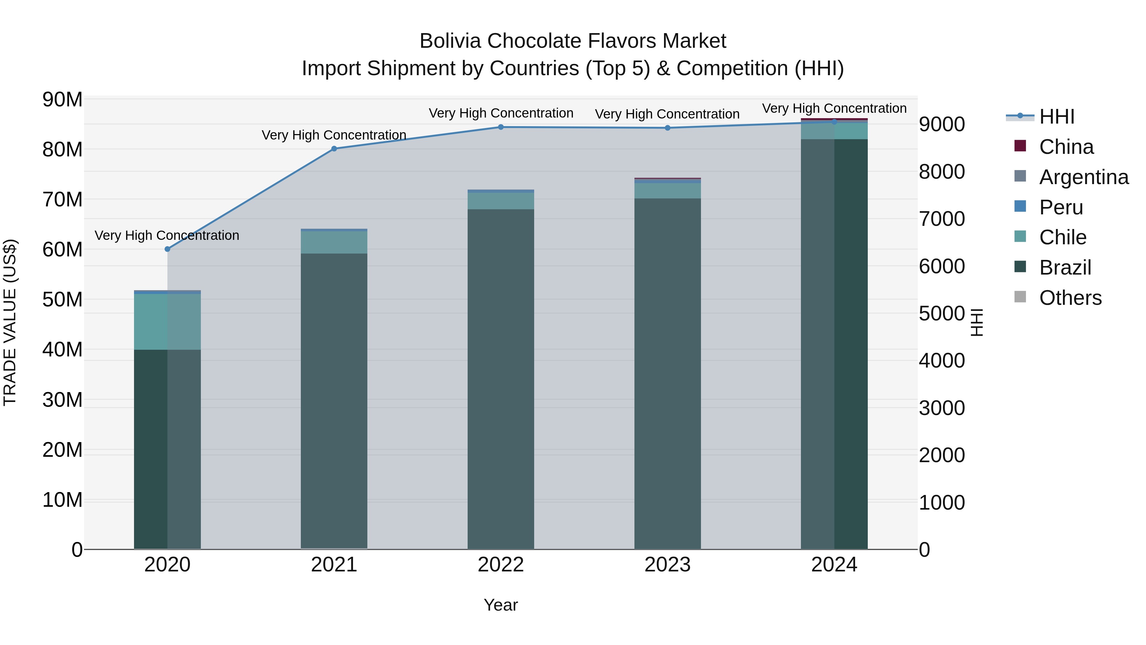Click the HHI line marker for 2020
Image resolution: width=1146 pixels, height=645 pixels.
(x=167, y=249)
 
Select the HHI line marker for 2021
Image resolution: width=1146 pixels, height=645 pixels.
(x=334, y=149)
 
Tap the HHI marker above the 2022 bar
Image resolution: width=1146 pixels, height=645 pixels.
(x=500, y=127)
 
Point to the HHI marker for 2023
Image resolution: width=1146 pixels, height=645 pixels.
(x=667, y=128)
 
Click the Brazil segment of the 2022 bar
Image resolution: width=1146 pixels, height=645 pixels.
(x=500, y=378)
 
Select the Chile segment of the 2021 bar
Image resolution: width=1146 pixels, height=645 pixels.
(x=334, y=242)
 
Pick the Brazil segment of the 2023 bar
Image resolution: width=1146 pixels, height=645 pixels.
(x=667, y=374)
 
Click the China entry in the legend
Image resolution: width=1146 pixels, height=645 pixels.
(x=1066, y=147)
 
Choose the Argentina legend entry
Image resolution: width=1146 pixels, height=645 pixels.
(x=1084, y=177)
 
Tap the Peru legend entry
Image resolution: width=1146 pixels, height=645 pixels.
(x=1061, y=207)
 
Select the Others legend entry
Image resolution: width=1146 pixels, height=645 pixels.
(x=1070, y=298)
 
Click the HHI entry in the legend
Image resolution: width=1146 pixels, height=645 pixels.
(x=1057, y=117)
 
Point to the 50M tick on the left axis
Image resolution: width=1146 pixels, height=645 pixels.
(x=62, y=300)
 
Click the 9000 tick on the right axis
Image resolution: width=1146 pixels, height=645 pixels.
(x=942, y=124)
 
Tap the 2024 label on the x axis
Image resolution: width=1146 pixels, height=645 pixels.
(x=834, y=565)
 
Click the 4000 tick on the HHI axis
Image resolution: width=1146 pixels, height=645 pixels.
(x=942, y=361)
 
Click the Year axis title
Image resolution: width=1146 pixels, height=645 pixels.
(x=500, y=605)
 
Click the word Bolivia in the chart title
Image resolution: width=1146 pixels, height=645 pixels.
(x=450, y=41)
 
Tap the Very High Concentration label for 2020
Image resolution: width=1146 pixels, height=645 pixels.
(x=167, y=235)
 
